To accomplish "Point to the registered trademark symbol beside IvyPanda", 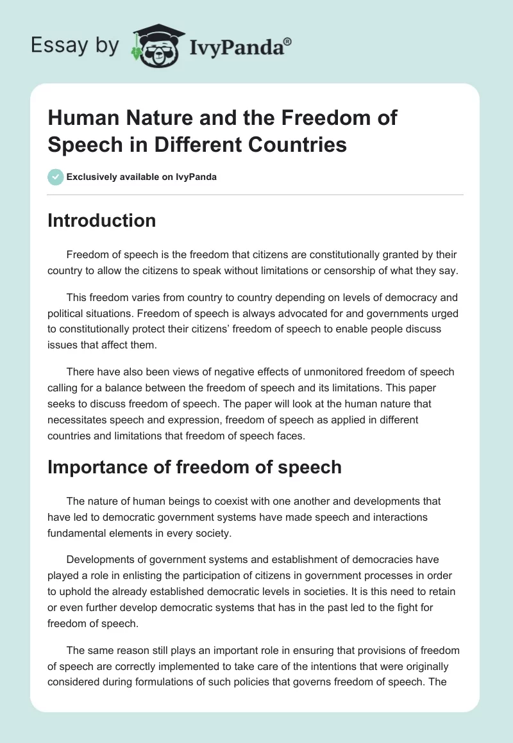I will (288, 41).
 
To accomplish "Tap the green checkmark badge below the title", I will (55, 177).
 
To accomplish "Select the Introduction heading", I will (101, 220).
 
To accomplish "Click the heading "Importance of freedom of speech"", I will (194, 467).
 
